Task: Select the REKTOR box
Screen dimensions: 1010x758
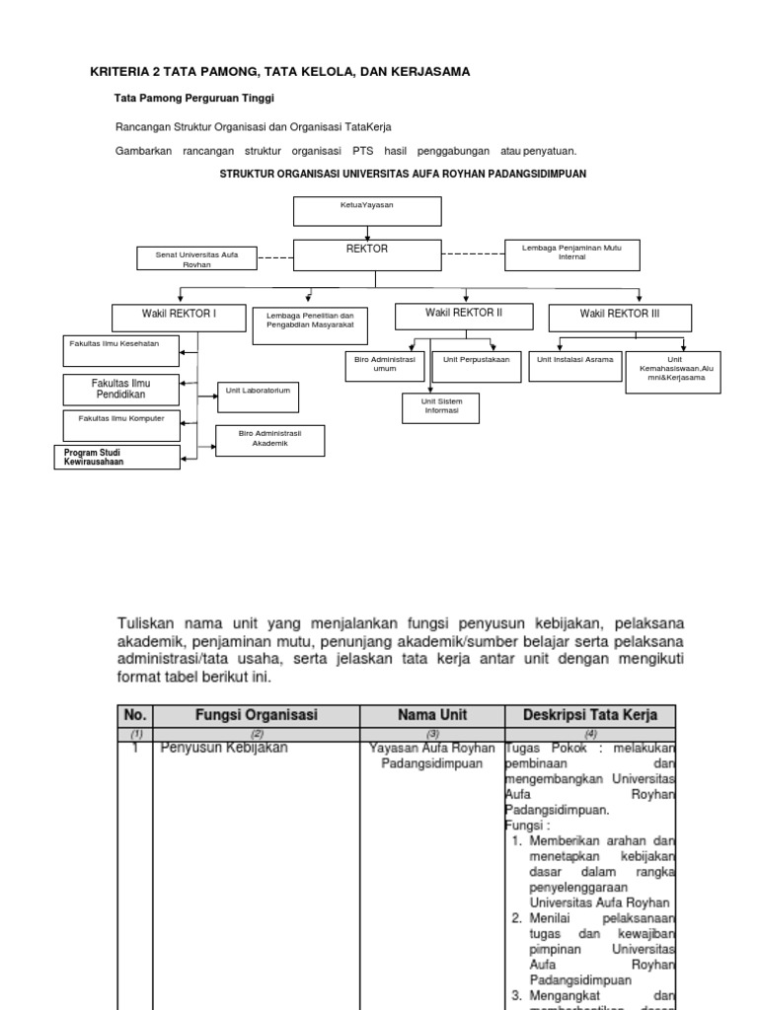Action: (367, 253)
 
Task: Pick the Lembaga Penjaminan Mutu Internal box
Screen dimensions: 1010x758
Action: (572, 253)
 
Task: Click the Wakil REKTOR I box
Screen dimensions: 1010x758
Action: (179, 317)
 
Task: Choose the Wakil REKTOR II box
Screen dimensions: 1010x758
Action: (464, 316)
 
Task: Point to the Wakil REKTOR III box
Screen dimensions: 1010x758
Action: (620, 318)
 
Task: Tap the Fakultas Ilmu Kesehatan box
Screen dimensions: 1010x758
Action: (123, 347)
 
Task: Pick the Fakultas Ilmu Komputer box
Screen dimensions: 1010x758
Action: (123, 424)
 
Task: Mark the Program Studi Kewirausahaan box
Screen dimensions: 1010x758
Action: (117, 457)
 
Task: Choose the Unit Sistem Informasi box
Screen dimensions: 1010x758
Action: (440, 407)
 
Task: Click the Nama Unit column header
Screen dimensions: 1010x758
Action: (432, 714)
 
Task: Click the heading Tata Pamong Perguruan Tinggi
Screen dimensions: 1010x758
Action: (194, 99)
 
